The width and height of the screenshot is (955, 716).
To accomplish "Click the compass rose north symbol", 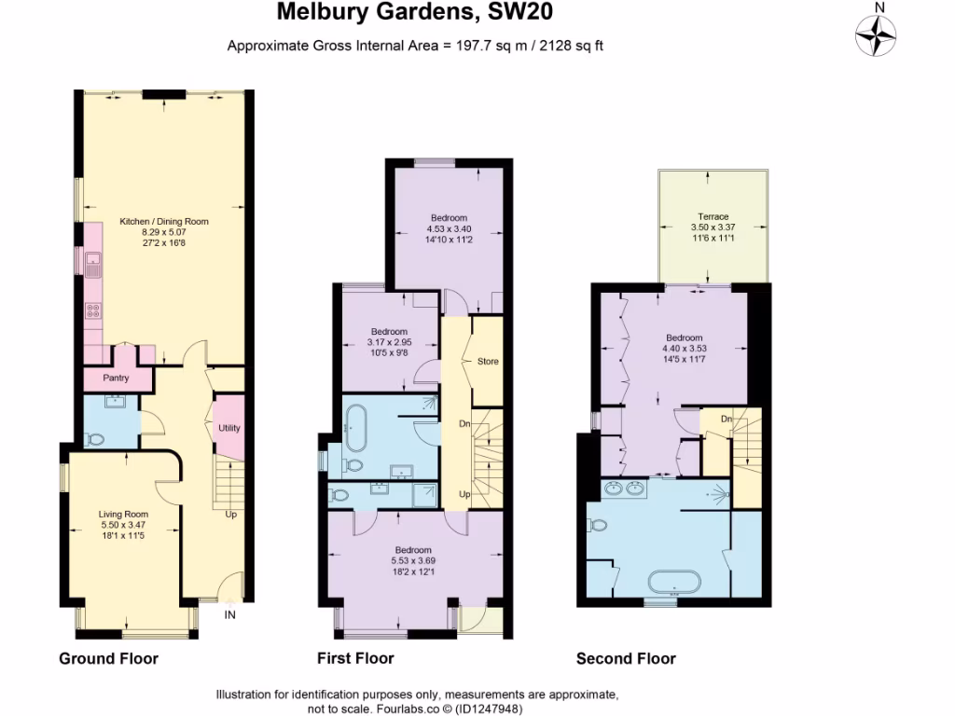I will click(876, 34).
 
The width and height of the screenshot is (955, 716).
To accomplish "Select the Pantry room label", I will click(116, 379).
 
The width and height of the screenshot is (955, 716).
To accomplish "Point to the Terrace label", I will click(714, 216).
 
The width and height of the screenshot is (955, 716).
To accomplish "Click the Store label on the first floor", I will click(488, 361).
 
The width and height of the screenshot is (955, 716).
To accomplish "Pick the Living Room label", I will click(124, 514).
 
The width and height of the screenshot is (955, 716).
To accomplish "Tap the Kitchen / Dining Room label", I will click(164, 221).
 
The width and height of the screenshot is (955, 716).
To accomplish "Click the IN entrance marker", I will click(230, 614).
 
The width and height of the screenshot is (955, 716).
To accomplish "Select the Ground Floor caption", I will click(108, 659).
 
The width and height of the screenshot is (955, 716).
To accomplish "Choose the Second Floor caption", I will click(626, 659).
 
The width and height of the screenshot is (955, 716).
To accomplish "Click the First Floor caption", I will click(355, 659).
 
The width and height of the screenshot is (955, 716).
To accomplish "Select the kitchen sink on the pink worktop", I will click(93, 266).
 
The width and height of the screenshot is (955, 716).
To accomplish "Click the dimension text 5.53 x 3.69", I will click(413, 560).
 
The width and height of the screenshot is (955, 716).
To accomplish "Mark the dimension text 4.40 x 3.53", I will click(684, 349).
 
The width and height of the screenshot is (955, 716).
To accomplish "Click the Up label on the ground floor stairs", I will click(230, 514).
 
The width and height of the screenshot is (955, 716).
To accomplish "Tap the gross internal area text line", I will click(415, 46).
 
